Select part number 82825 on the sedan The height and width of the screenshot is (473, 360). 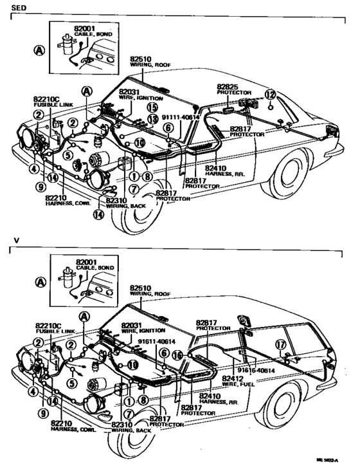point(227,86)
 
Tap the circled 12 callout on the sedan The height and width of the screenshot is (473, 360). point(270,95)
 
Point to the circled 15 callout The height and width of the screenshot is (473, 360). point(152,107)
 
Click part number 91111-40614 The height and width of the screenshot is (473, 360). point(180,118)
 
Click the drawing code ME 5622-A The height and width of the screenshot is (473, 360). point(327,461)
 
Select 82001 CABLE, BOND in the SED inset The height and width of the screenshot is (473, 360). point(85,30)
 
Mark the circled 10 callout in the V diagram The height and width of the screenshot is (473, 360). point(132,364)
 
